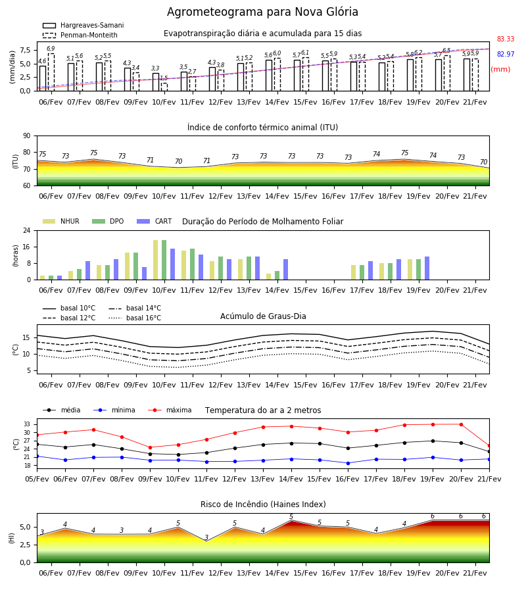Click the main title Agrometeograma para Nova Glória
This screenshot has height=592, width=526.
(x=262, y=12)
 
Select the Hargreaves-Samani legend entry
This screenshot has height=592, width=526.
(x=84, y=25)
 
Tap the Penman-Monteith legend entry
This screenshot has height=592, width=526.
(x=80, y=35)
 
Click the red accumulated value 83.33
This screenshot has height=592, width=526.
(x=506, y=39)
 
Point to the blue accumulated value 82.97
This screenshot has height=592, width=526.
(x=506, y=54)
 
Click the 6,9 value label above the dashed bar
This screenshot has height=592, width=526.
(x=51, y=49)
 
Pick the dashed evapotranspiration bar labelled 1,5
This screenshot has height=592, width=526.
(x=164, y=87)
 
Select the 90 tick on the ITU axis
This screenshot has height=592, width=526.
(x=27, y=136)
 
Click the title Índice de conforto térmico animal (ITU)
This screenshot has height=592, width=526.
(x=262, y=127)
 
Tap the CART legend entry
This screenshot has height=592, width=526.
(x=155, y=221)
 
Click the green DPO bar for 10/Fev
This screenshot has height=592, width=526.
(x=164, y=260)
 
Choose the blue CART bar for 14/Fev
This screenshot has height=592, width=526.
(x=285, y=270)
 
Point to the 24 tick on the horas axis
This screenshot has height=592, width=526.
(x=27, y=230)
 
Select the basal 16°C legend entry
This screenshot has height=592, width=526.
(x=135, y=318)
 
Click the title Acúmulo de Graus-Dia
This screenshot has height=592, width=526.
(x=263, y=316)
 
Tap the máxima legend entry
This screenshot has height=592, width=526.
(x=170, y=410)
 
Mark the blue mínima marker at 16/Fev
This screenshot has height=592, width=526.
(x=348, y=463)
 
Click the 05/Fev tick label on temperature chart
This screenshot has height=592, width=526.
(x=37, y=479)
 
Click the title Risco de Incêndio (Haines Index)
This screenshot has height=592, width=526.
(x=263, y=505)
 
